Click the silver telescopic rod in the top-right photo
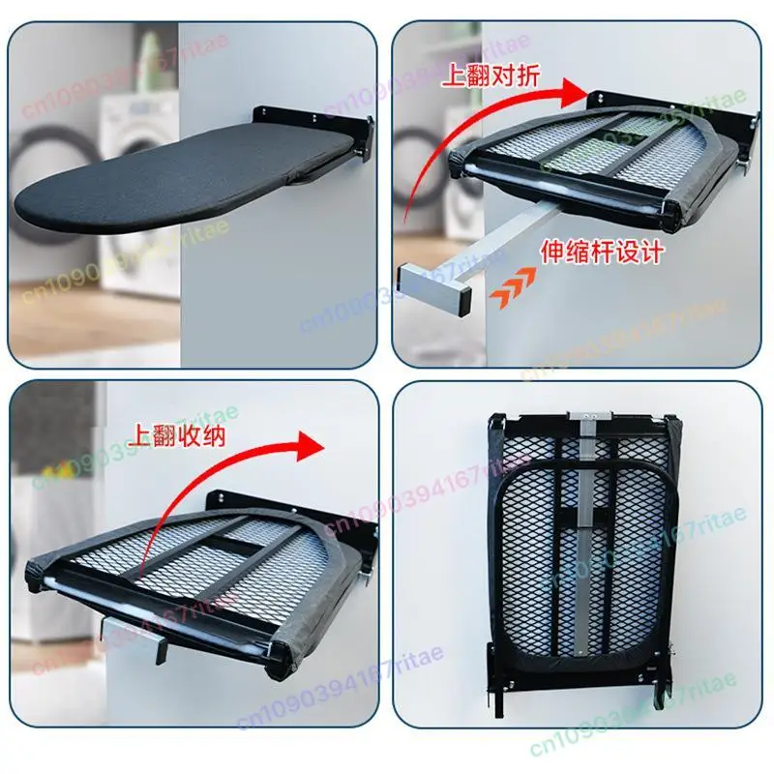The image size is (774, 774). point(503,232)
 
